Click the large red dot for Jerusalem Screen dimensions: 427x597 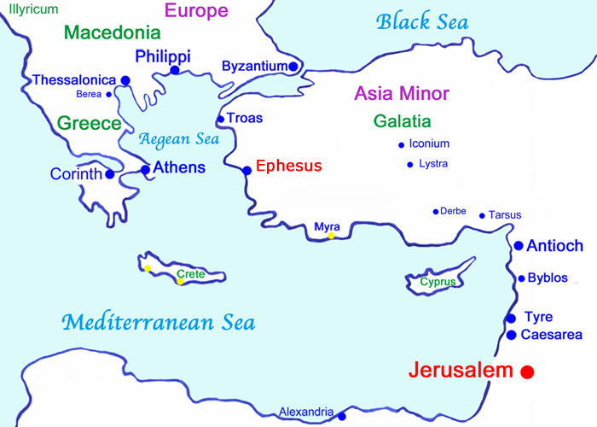tap(527, 371)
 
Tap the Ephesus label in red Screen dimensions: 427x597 tap(289, 167)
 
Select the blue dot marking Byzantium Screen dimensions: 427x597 tap(293, 66)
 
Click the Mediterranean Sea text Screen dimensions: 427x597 tap(158, 323)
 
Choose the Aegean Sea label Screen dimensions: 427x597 tap(179, 138)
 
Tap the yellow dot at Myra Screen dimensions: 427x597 tap(332, 236)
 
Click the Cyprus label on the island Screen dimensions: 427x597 tap(438, 281)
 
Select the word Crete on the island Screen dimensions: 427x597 tap(191, 273)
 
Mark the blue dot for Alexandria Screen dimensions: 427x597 tap(342, 417)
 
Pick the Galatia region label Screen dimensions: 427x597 tap(402, 121)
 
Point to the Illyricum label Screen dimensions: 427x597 tap(34, 9)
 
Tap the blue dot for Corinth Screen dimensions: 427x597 tap(109, 173)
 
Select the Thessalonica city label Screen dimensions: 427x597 tap(73, 80)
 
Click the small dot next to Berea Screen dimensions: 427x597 tap(108, 94)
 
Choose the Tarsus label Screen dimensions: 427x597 tap(505, 215)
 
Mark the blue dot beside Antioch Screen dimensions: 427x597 tap(519, 246)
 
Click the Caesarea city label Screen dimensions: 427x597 tap(551, 335)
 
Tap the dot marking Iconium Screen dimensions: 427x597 tap(401, 144)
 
